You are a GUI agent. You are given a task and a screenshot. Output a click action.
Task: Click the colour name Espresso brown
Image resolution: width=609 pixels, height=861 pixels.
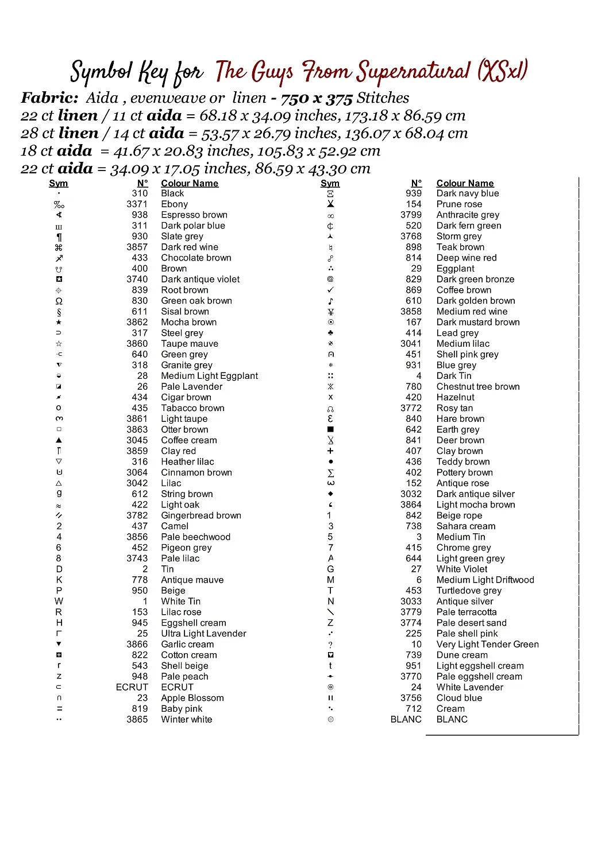coord(194,215)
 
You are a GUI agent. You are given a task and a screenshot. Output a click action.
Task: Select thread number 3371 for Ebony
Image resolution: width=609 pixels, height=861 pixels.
coord(137,204)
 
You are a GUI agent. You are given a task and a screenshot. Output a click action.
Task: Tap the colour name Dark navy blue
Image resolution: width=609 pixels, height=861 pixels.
coord(467,193)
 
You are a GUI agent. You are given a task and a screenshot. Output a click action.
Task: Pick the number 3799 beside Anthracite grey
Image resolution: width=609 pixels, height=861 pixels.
coord(411,215)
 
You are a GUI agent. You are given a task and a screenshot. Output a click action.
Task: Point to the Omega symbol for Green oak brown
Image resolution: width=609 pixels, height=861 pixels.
coord(59,301)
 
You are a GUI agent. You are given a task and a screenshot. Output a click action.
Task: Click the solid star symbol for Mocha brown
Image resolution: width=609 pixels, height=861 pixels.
coord(59,322)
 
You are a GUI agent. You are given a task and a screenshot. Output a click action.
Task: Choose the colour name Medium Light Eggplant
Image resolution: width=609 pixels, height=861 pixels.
coord(209,376)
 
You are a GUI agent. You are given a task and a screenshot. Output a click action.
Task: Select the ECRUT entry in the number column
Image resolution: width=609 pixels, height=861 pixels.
coord(132,687)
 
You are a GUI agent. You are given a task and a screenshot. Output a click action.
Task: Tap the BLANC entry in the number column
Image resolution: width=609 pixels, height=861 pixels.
coord(406,719)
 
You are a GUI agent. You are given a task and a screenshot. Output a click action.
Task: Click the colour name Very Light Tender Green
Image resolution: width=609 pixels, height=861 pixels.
coord(487,644)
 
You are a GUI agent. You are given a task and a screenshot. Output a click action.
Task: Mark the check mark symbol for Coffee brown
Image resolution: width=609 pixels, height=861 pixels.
coord(330,290)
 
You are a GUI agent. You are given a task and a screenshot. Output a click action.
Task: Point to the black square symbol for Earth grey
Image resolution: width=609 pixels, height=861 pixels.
coord(330,429)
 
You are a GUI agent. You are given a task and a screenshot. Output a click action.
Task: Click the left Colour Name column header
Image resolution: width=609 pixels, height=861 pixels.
coord(190,183)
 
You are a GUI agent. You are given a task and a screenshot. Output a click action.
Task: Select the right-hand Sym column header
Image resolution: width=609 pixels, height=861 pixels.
coord(330,183)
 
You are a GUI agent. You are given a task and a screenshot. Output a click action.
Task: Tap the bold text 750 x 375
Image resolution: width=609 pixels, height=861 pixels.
coord(316,99)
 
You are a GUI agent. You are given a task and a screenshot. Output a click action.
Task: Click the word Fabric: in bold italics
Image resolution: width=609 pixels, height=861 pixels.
coord(49,98)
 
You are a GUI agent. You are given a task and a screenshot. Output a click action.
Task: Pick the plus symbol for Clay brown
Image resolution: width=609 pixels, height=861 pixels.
coord(330,451)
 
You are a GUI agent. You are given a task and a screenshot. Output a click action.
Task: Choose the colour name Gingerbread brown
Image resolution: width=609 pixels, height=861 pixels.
coord(201,515)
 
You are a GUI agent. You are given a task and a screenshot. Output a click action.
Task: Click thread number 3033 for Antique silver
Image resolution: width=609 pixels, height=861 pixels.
coord(411,601)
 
